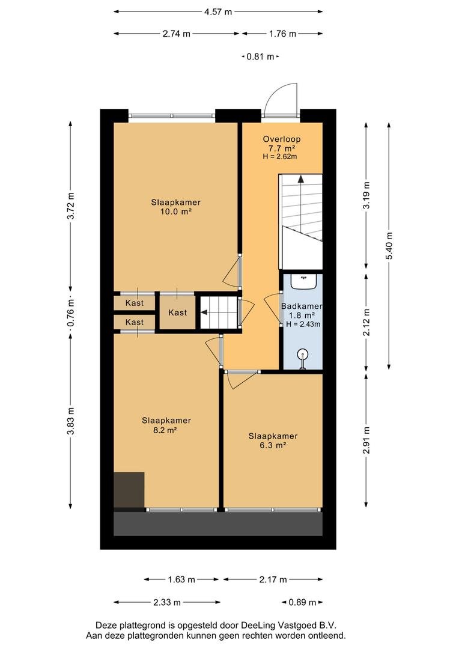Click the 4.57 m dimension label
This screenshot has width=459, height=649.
click(218, 11)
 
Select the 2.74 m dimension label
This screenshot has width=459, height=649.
click(176, 34)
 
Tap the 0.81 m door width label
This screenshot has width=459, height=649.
click(260, 56)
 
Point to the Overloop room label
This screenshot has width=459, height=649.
click(281, 139)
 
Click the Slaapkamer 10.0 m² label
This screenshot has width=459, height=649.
click(175, 207)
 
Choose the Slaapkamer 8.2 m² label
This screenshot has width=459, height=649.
click(166, 425)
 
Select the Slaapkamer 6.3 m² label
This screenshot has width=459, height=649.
click(273, 440)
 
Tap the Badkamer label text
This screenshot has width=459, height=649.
click(302, 306)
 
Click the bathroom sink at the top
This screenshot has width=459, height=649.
click(304, 281)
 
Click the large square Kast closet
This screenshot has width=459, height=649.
click(178, 311)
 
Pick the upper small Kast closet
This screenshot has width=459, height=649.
click(134, 302)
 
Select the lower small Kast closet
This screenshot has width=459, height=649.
click(134, 322)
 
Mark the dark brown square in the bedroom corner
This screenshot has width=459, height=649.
click(129, 490)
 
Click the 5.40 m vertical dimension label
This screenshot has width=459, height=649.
click(389, 245)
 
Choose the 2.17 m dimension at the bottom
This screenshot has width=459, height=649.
click(273, 579)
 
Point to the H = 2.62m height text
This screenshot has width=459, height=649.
click(280, 156)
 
